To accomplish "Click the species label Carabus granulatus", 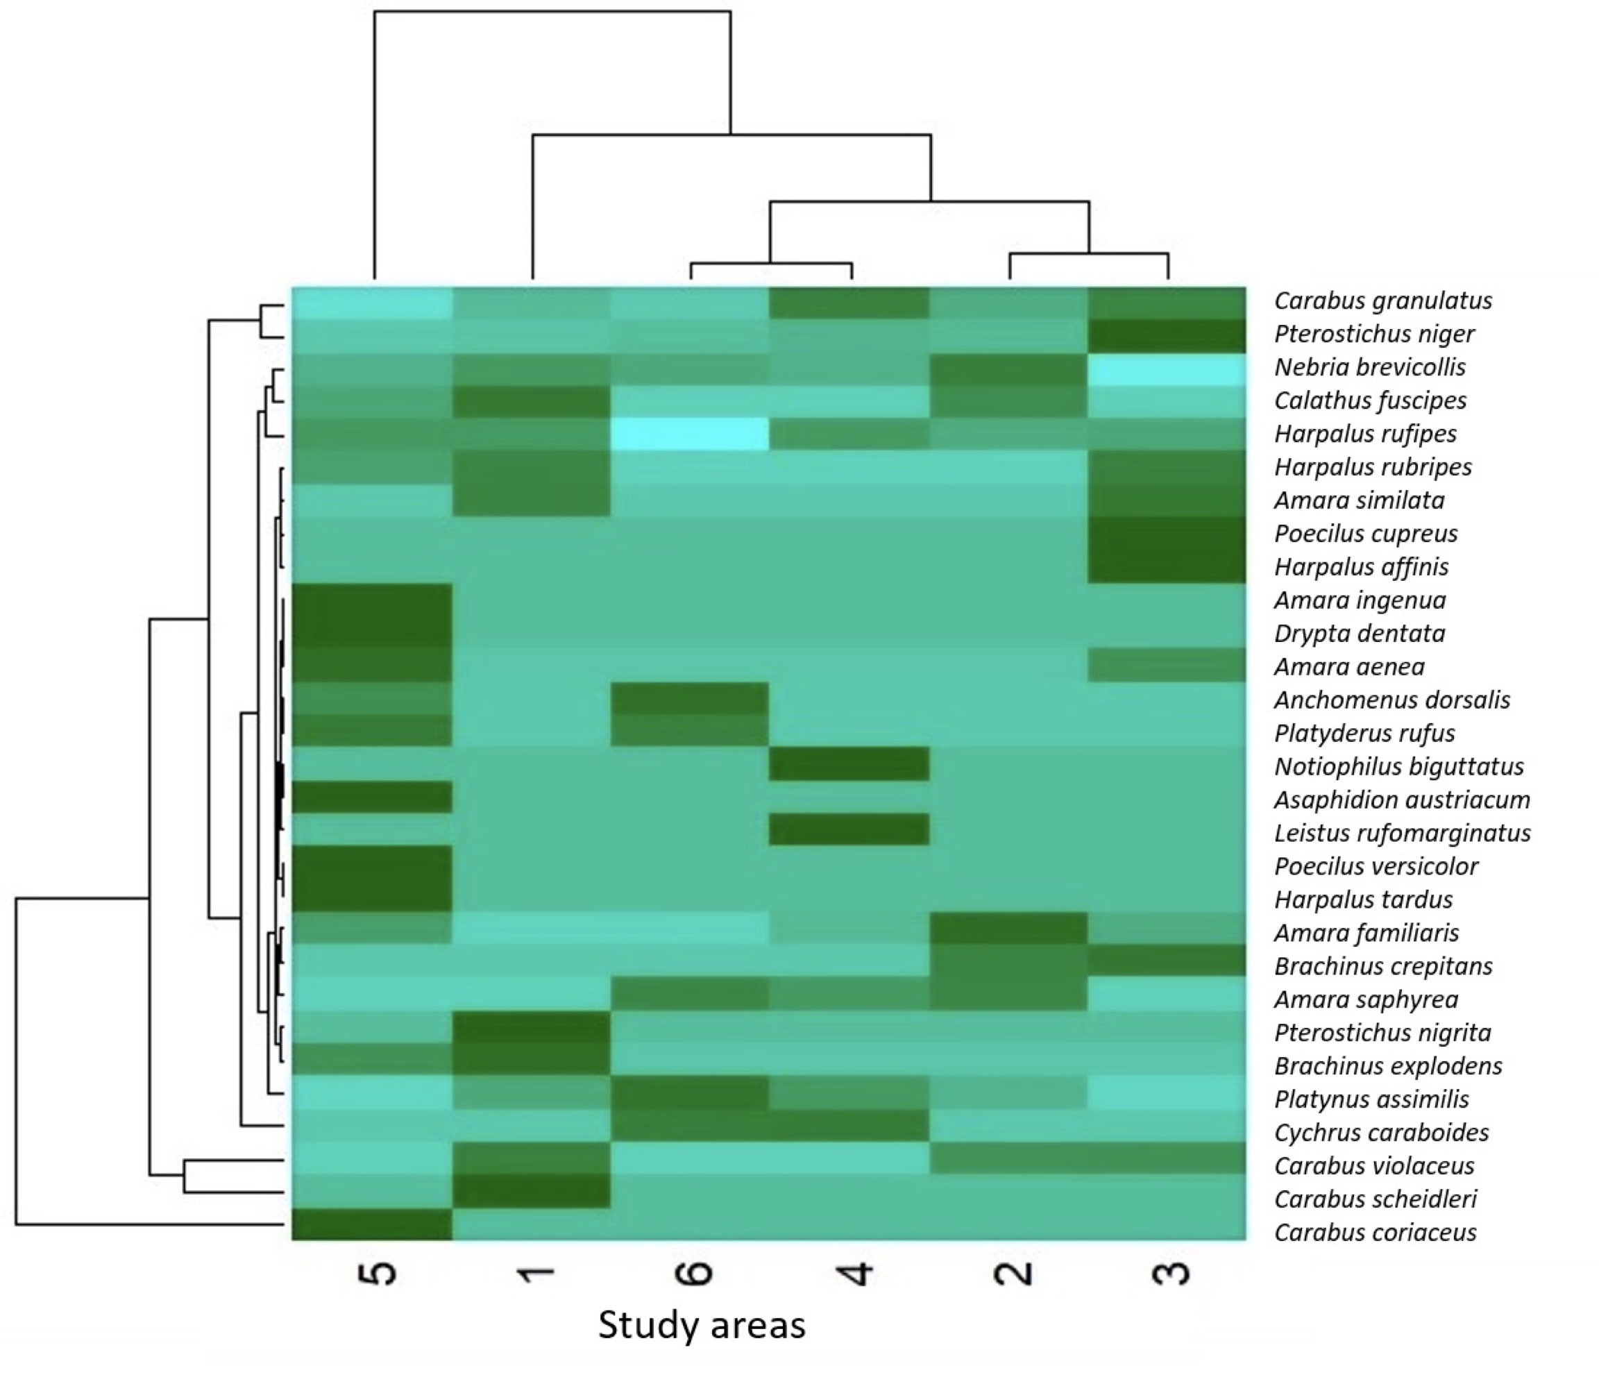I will point(1383,301).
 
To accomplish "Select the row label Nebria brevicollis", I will point(1370,366).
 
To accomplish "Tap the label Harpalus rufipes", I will point(1365,433).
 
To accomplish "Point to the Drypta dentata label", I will point(1360,633).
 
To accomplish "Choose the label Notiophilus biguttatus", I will point(1399,766).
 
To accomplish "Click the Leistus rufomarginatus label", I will point(1402,833).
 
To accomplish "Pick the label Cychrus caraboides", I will point(1381,1132).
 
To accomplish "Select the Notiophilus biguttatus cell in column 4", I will point(849,763).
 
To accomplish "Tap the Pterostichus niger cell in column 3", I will point(1167,335).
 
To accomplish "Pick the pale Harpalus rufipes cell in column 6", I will point(690,433).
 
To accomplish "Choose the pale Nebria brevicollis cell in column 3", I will point(1167,370).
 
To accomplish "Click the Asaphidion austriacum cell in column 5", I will point(372,797).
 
